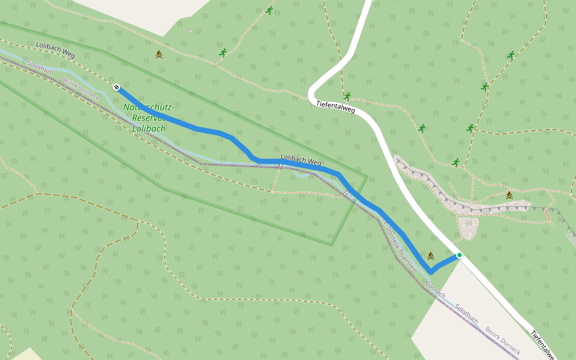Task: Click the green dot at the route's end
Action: tap(460, 255)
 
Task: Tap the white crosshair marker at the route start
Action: tap(116, 88)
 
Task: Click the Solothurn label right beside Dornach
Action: tap(466, 314)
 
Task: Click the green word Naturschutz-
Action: tap(149, 108)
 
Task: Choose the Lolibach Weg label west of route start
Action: tap(55, 50)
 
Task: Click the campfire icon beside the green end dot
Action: tap(430, 256)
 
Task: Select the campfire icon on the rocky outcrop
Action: tap(509, 194)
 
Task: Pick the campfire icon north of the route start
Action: tap(159, 55)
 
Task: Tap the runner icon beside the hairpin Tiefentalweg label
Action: tap(347, 96)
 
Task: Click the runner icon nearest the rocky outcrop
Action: tap(456, 162)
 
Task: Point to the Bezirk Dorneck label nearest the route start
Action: tap(81, 89)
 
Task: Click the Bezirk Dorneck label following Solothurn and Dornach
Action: tap(503, 341)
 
